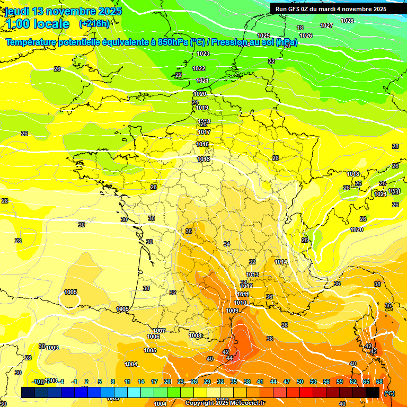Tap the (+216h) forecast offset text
[94, 24]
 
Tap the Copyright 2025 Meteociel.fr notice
[225, 403]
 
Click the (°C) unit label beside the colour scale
[389, 393]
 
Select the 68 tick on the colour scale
[379, 382]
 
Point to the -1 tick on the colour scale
[75, 382]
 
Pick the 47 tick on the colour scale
[287, 382]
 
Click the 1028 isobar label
[347, 21]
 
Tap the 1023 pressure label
[203, 54]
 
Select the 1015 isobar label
[203, 159]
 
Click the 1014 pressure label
[281, 262]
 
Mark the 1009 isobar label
[232, 311]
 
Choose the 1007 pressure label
[159, 331]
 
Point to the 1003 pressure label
[52, 348]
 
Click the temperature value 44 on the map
[229, 358]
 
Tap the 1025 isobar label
[263, 36]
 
